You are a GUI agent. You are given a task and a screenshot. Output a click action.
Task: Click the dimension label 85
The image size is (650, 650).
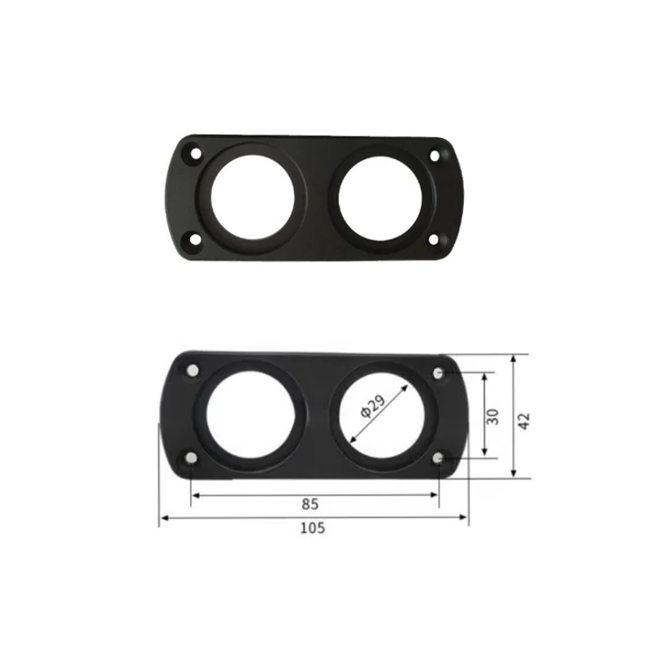[x=310, y=504]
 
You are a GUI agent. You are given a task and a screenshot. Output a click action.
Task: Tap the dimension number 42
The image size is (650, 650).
[x=524, y=421]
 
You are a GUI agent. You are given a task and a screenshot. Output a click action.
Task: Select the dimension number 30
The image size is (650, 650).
[x=493, y=416]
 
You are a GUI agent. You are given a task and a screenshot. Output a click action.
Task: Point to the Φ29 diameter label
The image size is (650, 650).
[x=371, y=406]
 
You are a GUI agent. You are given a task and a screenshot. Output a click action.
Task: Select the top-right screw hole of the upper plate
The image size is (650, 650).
[x=435, y=154]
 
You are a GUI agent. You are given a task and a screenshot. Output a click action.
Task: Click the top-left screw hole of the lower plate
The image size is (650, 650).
[x=193, y=371]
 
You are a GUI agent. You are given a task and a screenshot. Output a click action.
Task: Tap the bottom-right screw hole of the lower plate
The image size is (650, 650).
[x=439, y=460]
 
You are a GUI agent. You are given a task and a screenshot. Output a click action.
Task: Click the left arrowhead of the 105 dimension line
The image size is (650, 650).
[x=162, y=517]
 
